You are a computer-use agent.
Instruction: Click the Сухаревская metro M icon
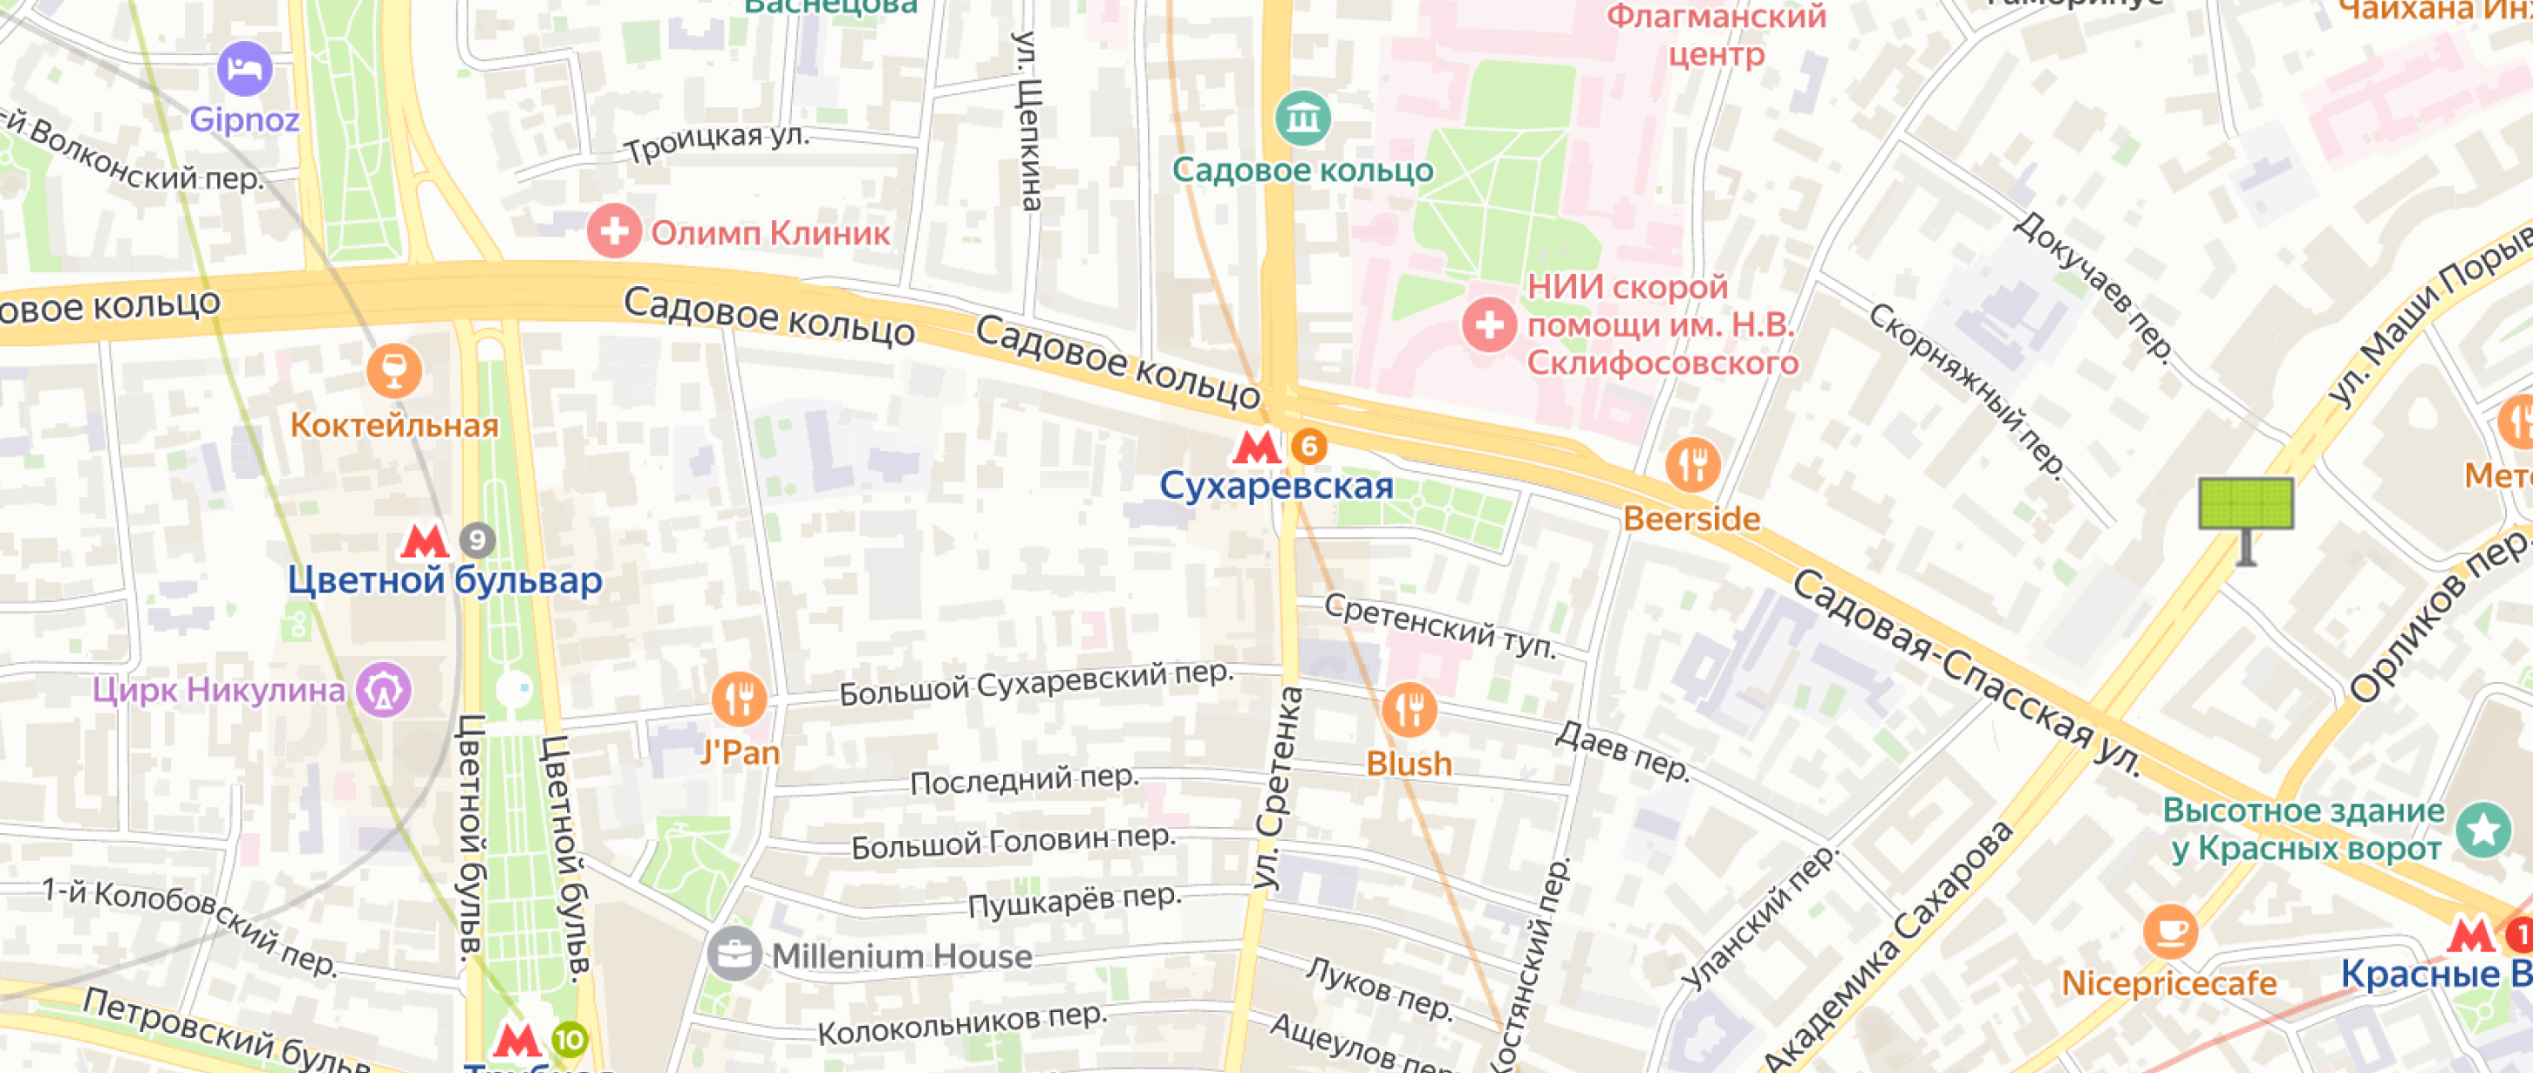coord(1256,447)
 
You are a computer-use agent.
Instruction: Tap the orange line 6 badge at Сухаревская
coord(1308,447)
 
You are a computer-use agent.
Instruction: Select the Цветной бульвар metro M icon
coord(425,540)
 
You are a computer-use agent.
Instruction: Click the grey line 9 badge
coord(477,540)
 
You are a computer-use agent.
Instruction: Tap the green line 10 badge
coord(570,1040)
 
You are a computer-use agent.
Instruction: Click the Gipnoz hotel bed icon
coord(244,69)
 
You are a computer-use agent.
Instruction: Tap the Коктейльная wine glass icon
coord(394,371)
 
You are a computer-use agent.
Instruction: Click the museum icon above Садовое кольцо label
coord(1303,119)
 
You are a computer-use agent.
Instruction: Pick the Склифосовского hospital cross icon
coord(1489,325)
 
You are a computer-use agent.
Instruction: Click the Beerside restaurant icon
coord(1692,464)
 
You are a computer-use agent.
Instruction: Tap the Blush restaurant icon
coord(1408,709)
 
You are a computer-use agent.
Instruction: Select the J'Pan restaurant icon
coord(739,700)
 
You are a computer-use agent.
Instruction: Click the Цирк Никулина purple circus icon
coord(384,689)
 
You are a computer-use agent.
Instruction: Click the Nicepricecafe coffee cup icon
coord(2169,931)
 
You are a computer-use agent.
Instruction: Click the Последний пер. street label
coord(1024,781)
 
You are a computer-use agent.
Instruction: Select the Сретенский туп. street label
coord(1439,625)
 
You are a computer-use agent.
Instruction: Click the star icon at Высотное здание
coord(2483,829)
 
